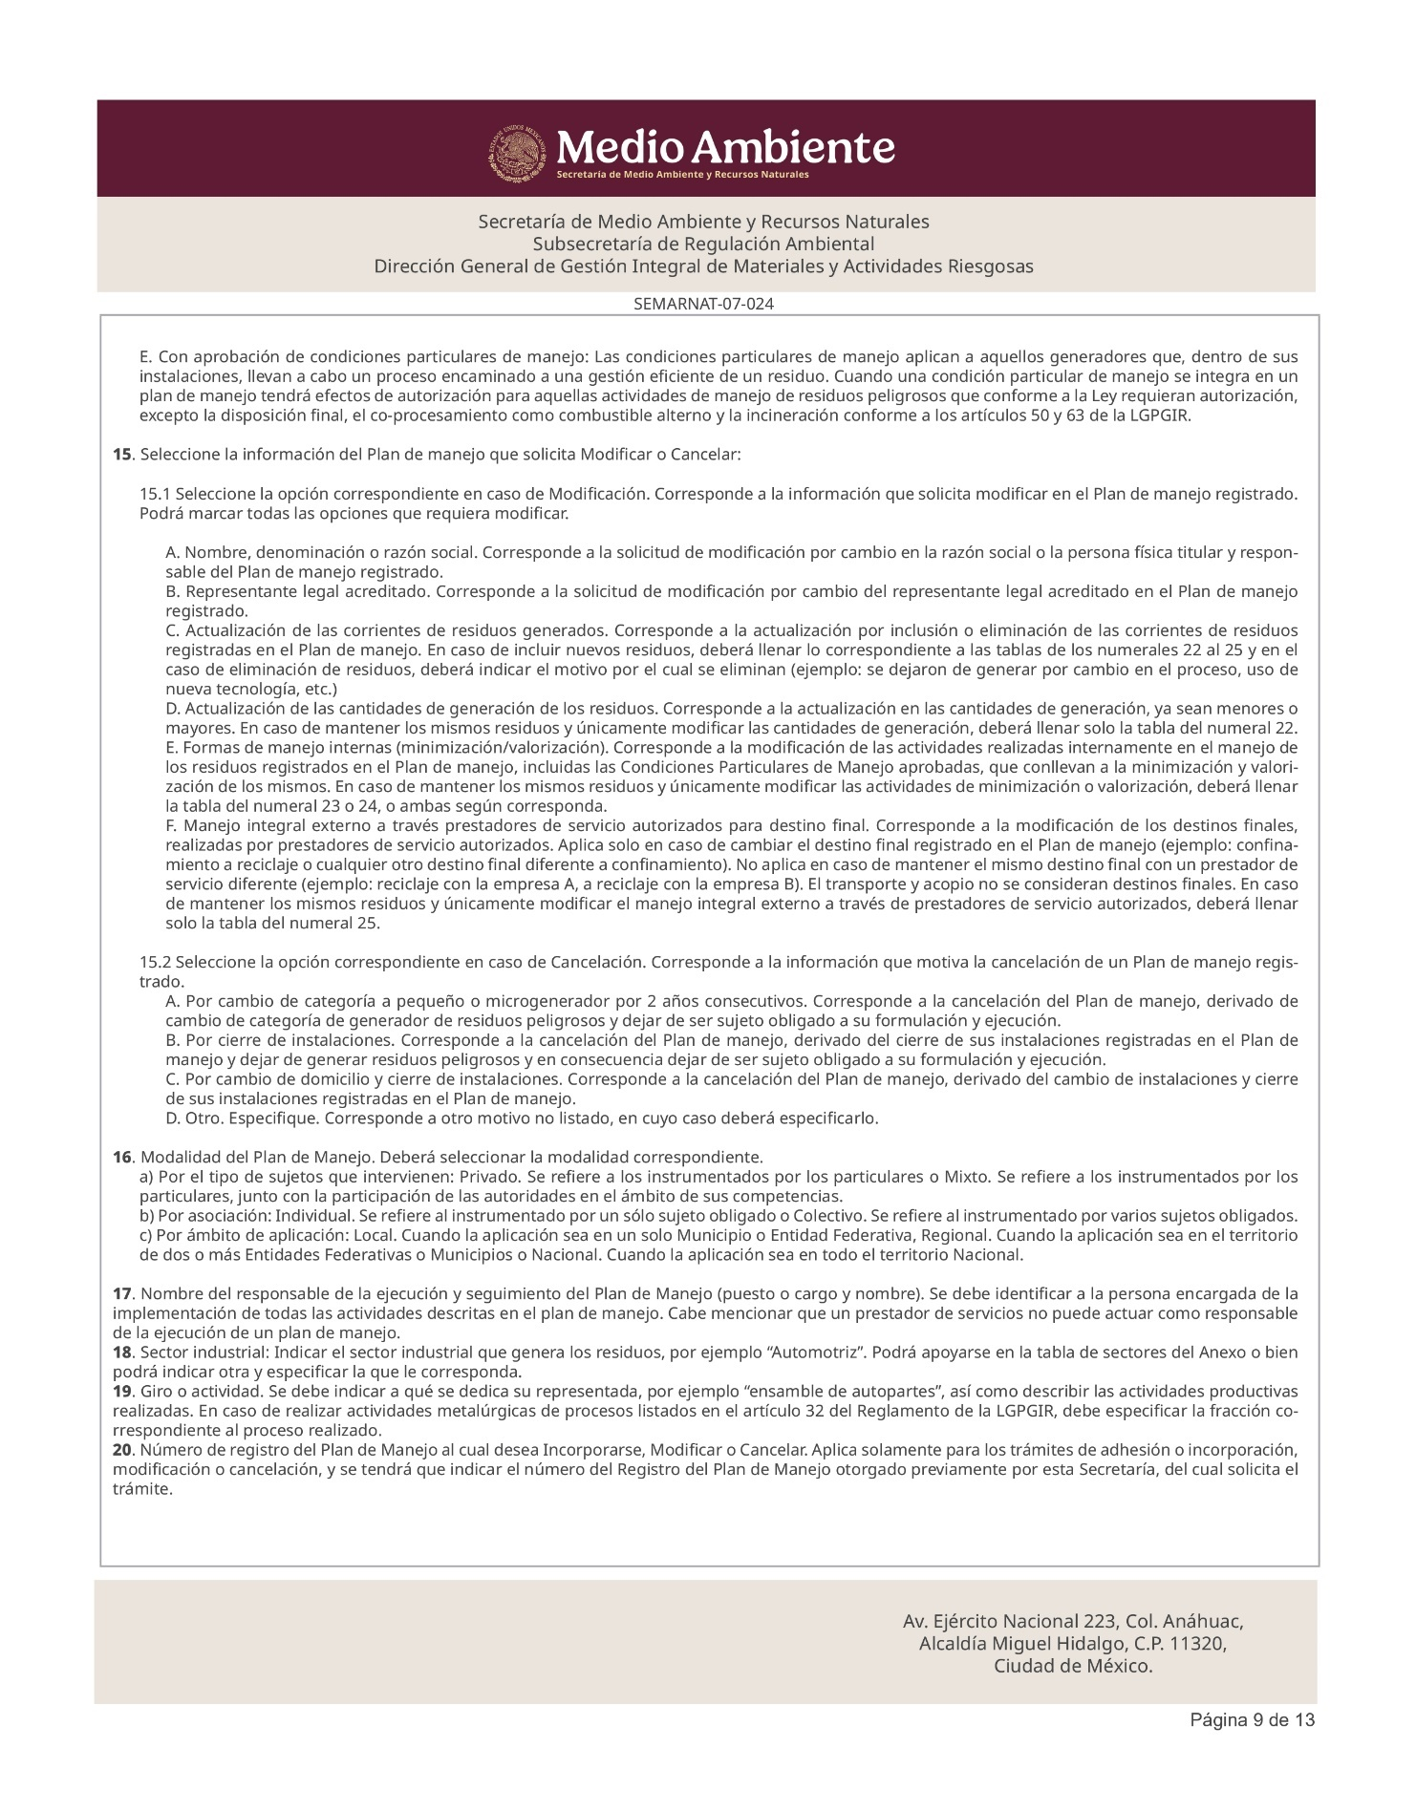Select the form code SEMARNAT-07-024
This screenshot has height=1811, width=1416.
click(x=704, y=305)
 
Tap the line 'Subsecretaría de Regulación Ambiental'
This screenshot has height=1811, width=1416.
click(x=703, y=244)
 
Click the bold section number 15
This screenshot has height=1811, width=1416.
click(x=121, y=455)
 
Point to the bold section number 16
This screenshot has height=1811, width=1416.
click(x=121, y=1158)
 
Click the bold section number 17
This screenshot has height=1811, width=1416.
click(x=121, y=1294)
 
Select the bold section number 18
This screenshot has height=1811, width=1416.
click(x=121, y=1353)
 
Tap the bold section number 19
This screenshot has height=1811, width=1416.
click(x=121, y=1392)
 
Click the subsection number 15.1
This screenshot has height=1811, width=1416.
click(x=154, y=495)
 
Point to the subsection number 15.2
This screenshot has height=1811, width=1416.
click(x=154, y=962)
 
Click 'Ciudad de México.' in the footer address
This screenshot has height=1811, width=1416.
click(x=1073, y=1667)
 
